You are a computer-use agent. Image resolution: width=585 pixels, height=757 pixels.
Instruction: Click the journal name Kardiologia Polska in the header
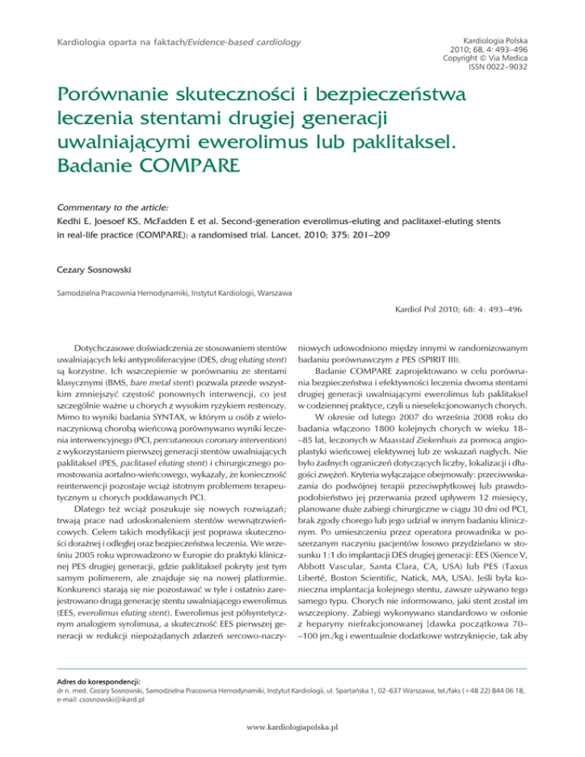pyautogui.click(x=494, y=36)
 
